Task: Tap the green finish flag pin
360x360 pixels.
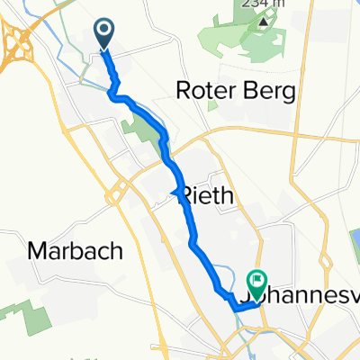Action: pos(258,282)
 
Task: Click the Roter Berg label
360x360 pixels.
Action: pos(238,92)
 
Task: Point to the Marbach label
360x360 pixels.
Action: pos(76,251)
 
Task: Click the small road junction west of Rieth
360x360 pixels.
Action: pos(121,192)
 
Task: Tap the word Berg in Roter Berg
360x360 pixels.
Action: pos(274,92)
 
